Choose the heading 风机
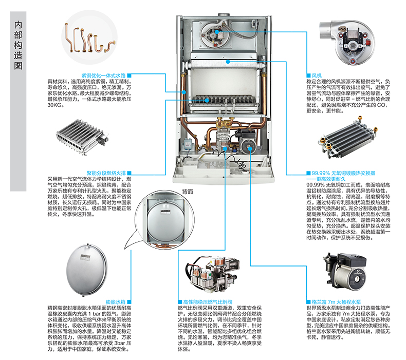312,75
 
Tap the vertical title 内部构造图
19,47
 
